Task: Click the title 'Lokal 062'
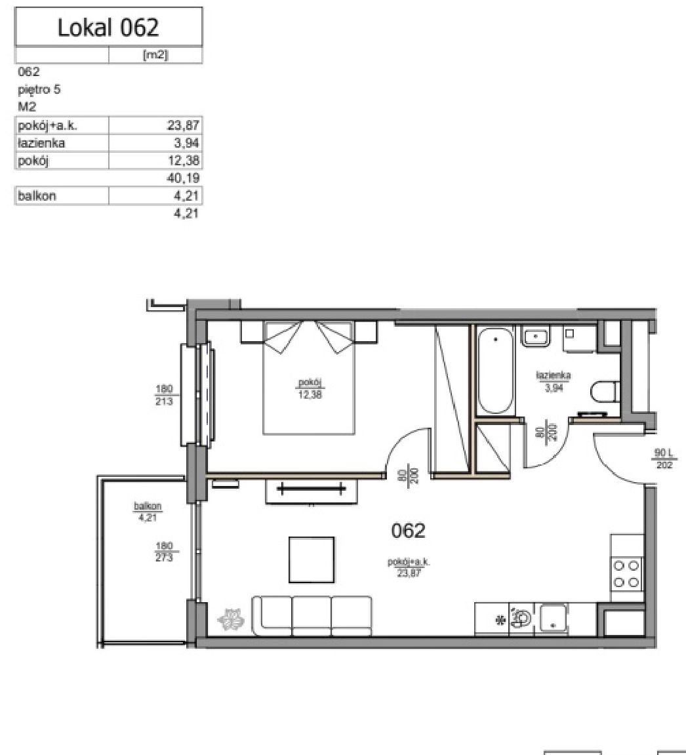tap(108, 28)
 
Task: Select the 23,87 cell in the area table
tap(183, 126)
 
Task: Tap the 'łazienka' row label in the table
tap(41, 143)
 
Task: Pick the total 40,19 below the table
tap(183, 178)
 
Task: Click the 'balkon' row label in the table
tap(37, 196)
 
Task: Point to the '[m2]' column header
tap(155, 55)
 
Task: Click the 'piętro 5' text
tap(39, 90)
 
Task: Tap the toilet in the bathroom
tap(605, 392)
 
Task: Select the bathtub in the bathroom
tap(495, 370)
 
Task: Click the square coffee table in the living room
tap(312, 560)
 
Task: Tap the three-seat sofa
tap(312, 616)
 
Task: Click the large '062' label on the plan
tap(408, 531)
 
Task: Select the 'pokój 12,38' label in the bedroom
tap(310, 388)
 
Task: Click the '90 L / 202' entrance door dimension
tap(664, 459)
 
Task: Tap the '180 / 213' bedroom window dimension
tap(164, 395)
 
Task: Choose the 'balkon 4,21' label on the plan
tap(148, 512)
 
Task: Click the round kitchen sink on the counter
tap(521, 617)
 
